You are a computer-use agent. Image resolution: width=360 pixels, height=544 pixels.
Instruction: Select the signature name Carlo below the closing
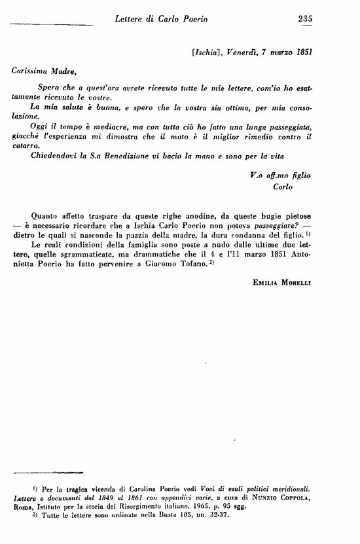pyautogui.click(x=282, y=186)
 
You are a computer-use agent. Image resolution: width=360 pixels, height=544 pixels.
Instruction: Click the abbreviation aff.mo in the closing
pyautogui.click(x=276, y=175)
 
